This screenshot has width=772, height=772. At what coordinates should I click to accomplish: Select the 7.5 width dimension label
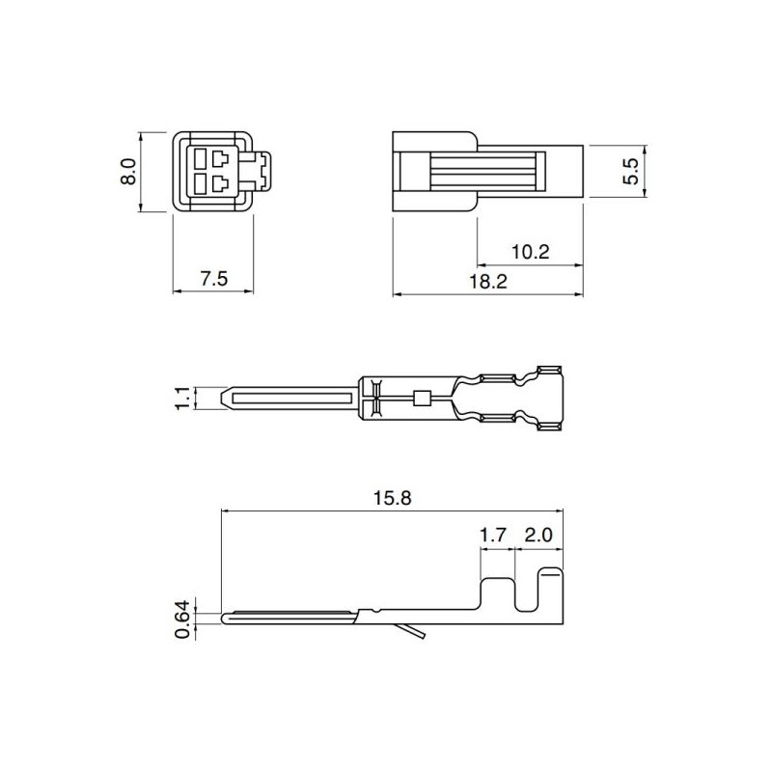(x=213, y=279)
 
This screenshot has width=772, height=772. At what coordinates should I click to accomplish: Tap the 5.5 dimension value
(x=632, y=172)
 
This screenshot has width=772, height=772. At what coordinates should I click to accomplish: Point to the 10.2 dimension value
(x=530, y=252)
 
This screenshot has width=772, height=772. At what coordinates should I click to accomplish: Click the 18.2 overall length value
(x=489, y=281)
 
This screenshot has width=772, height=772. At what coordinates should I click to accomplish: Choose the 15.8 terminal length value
(x=391, y=499)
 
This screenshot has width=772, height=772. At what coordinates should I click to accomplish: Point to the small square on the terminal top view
(x=419, y=398)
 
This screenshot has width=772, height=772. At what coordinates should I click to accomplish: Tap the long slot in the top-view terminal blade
(x=289, y=398)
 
